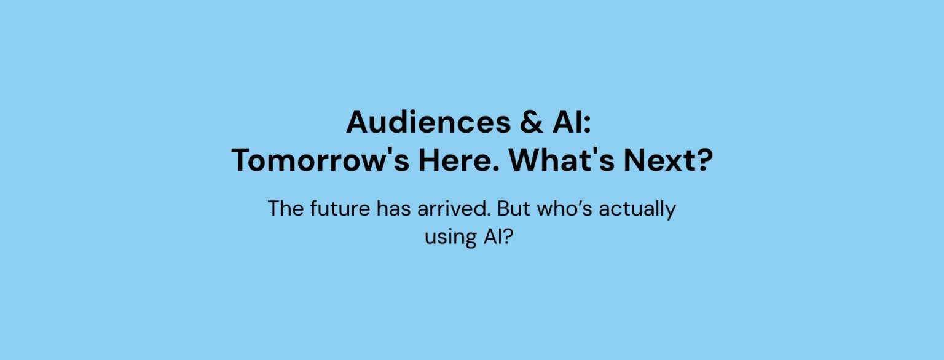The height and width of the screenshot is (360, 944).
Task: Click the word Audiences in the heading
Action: pos(428,122)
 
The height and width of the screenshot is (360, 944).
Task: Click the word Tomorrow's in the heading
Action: pos(320,160)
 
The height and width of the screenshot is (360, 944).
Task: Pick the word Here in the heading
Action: pos(455,160)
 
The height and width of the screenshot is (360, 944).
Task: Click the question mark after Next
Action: pos(702,160)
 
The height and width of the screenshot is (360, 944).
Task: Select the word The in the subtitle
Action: pos(286,208)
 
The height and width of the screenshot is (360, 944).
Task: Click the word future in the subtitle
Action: pos(340,208)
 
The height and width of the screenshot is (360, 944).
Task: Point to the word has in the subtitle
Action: pos(393,208)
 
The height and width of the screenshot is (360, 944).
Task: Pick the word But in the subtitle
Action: pos(513,208)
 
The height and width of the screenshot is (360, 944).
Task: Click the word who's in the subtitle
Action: pos(565,208)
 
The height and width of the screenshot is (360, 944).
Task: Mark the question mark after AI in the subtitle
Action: pos(508,236)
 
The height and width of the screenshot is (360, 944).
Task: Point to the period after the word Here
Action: pos(495,168)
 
